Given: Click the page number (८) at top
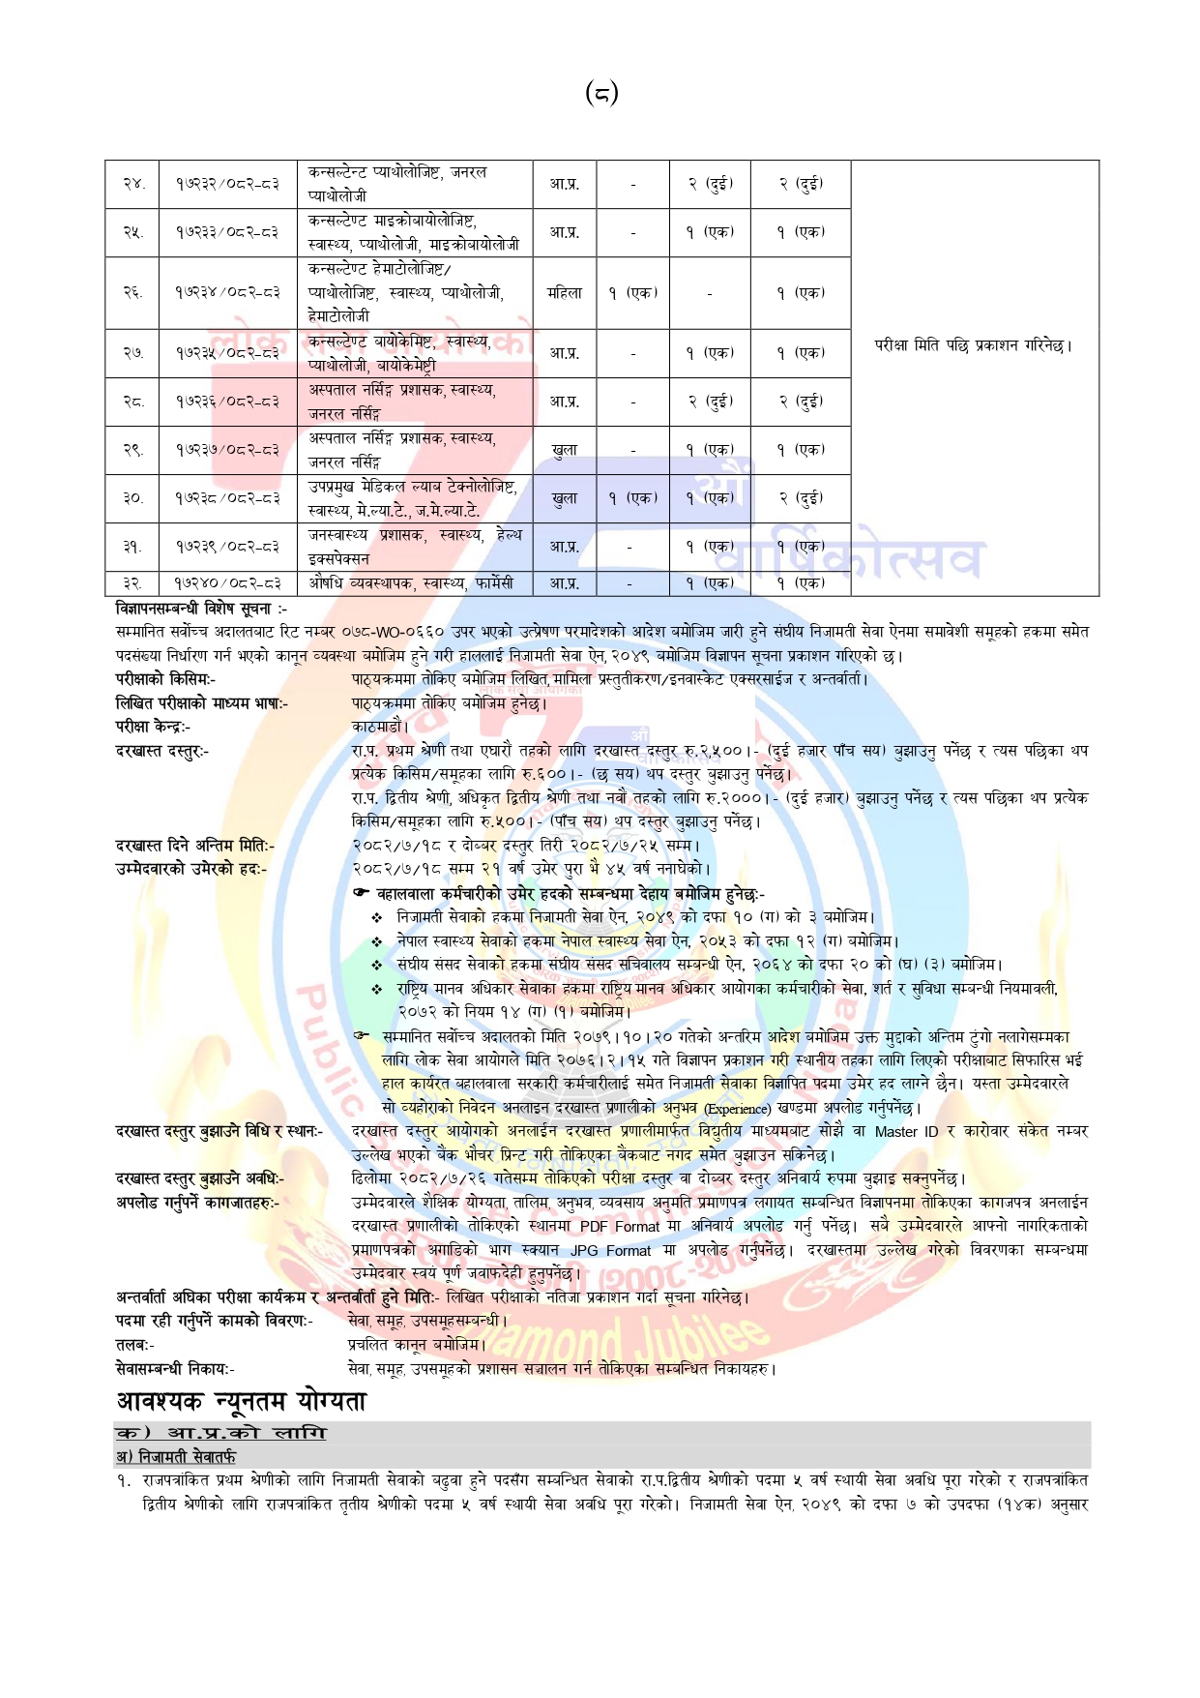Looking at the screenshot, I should pyautogui.click(x=600, y=93).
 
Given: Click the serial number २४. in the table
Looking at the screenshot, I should pyautogui.click(x=133, y=184).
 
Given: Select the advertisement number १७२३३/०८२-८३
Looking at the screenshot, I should pyautogui.click(x=227, y=232).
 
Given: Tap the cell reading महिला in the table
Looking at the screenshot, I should pyautogui.click(x=565, y=292).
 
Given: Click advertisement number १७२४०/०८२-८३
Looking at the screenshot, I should pyautogui.click(x=228, y=583).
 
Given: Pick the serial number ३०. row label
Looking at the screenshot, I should pyautogui.click(x=133, y=498).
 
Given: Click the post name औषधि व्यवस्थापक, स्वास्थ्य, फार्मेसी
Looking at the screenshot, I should pyautogui.click(x=411, y=583).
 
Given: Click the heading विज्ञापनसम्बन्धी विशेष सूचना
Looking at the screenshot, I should pyautogui.click(x=200, y=609).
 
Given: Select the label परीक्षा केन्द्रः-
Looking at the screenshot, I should pyautogui.click(x=153, y=727).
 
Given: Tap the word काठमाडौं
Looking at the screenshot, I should pyautogui.click(x=380, y=727).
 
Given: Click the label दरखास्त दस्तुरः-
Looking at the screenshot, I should pyautogui.click(x=162, y=751).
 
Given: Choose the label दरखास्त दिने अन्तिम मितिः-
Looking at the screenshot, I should pyautogui.click(x=194, y=846).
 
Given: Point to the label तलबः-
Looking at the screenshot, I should pyautogui.click(x=135, y=1345).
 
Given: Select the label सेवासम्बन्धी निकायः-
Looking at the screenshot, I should pyautogui.click(x=175, y=1369).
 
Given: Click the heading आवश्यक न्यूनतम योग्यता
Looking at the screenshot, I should pyautogui.click(x=241, y=1402).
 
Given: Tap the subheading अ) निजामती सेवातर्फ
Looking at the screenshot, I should pyautogui.click(x=175, y=1457).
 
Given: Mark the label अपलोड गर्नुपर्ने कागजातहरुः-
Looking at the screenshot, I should pyautogui.click(x=197, y=1203).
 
